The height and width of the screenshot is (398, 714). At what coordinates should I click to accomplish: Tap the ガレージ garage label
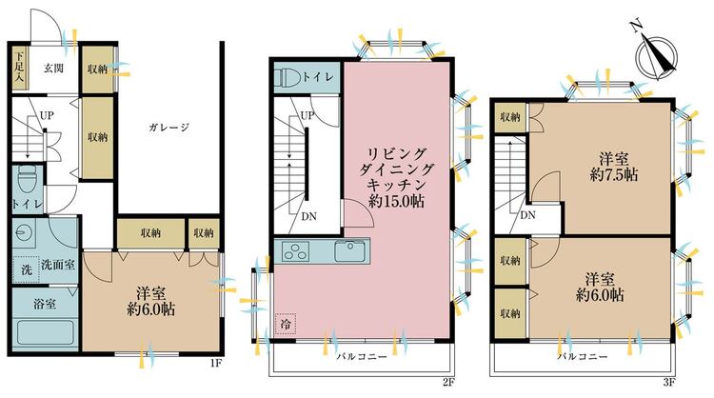click(x=169, y=128)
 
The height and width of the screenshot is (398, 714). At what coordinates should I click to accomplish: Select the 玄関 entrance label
click(x=53, y=69)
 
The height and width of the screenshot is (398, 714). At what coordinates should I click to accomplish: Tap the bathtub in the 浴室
click(x=45, y=333)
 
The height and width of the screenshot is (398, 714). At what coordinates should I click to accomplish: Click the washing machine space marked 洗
click(x=26, y=269)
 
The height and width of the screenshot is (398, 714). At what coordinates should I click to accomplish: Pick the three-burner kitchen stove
click(x=295, y=251)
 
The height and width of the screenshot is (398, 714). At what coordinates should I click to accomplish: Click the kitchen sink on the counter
click(x=349, y=250)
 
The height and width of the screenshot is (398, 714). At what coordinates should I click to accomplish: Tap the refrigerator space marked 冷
click(x=286, y=324)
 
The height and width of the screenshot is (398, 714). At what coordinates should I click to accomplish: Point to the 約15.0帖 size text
click(x=397, y=201)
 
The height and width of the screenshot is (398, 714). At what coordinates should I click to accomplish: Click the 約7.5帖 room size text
click(x=613, y=175)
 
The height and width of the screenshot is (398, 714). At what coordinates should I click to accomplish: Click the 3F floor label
click(x=669, y=383)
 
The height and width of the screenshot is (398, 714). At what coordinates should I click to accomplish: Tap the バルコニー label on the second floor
click(x=362, y=356)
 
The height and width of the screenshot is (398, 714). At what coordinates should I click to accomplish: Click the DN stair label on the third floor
click(x=527, y=215)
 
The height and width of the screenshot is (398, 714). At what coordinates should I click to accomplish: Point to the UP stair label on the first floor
click(x=47, y=115)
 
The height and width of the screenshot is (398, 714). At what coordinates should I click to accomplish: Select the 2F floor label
click(x=448, y=383)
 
